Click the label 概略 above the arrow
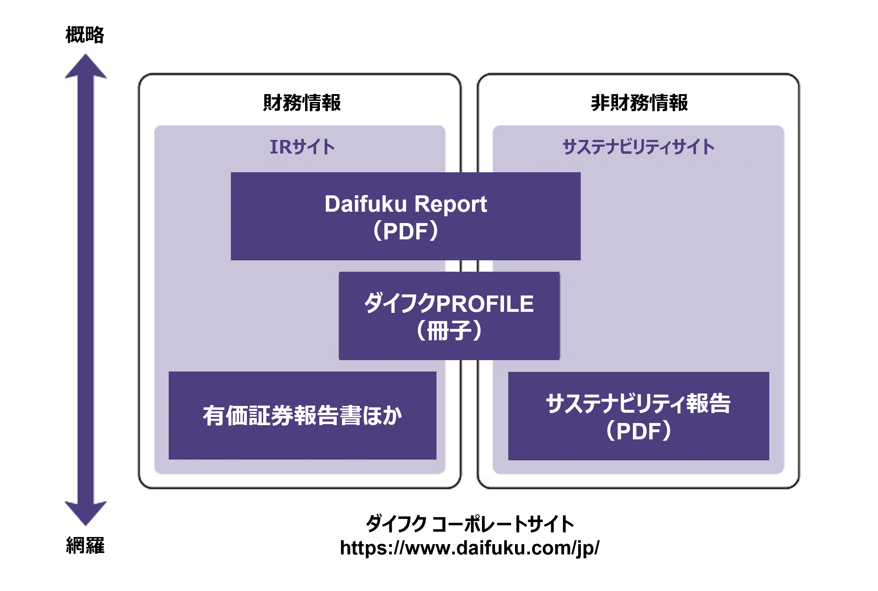click(85, 35)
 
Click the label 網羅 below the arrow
click(85, 546)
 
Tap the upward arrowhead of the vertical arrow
click(86, 67)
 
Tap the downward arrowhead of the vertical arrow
click(86, 513)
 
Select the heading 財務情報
click(302, 103)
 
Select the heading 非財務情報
click(639, 103)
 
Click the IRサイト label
click(302, 147)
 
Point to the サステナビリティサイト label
click(638, 147)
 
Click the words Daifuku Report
click(406, 204)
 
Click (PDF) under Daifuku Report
click(406, 231)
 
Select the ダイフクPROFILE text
click(449, 303)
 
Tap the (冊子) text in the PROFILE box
click(449, 331)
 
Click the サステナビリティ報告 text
click(638, 404)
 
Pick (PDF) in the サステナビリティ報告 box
click(638, 431)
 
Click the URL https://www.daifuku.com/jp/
click(470, 548)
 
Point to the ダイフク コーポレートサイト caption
click(470, 524)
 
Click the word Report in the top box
click(450, 204)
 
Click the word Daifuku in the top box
click(365, 204)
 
